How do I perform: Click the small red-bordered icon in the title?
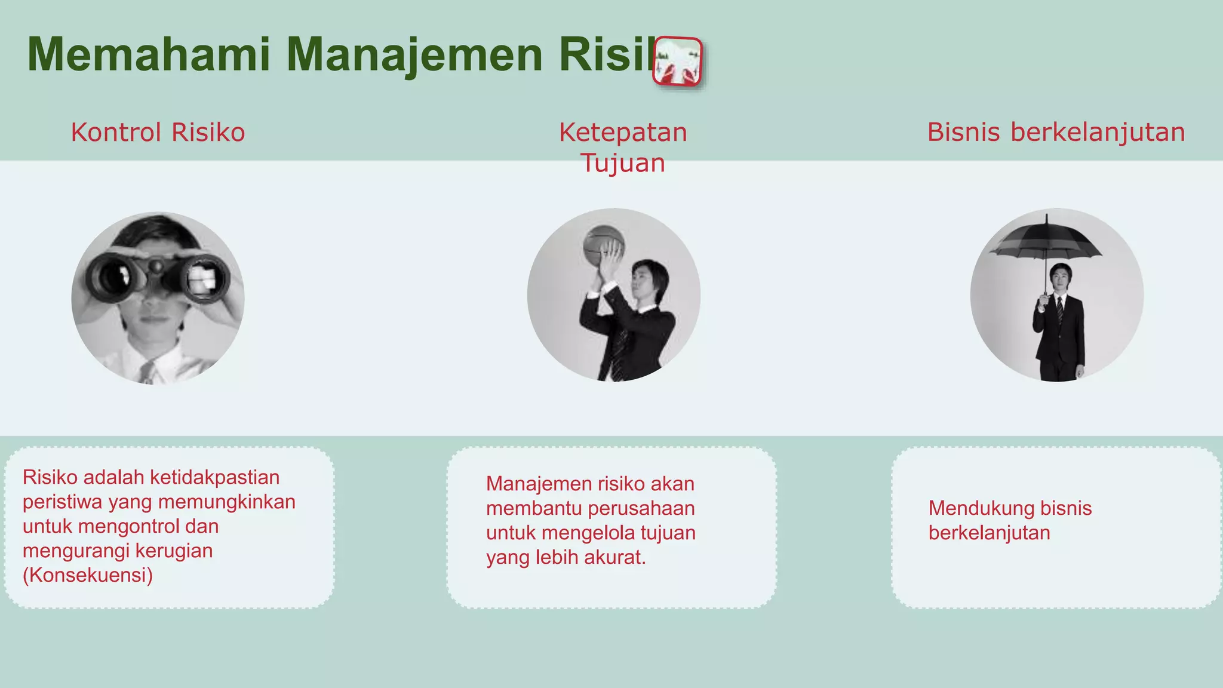click(677, 62)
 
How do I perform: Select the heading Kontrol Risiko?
click(158, 132)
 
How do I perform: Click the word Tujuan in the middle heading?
click(623, 162)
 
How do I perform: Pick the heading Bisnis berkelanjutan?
click(1056, 132)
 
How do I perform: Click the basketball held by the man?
click(603, 245)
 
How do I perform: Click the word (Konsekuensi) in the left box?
click(88, 575)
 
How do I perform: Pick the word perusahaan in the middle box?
click(641, 508)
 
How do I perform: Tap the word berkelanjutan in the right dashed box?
click(989, 533)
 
